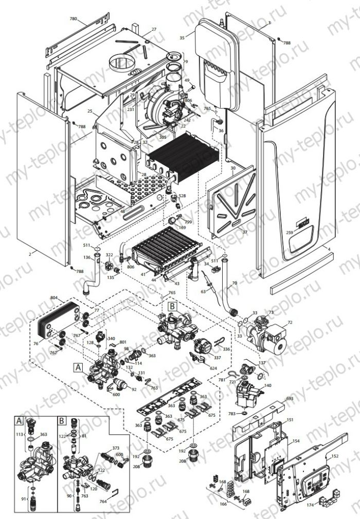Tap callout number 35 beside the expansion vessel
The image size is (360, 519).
pos(182,38)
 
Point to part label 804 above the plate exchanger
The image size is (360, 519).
pos(54,298)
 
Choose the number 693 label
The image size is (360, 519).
pos(290,398)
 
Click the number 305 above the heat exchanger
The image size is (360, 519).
pos(163,137)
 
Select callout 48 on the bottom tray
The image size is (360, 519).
pos(122,211)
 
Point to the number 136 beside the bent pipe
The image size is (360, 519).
pos(87,257)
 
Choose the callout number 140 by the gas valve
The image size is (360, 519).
pos(268,385)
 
